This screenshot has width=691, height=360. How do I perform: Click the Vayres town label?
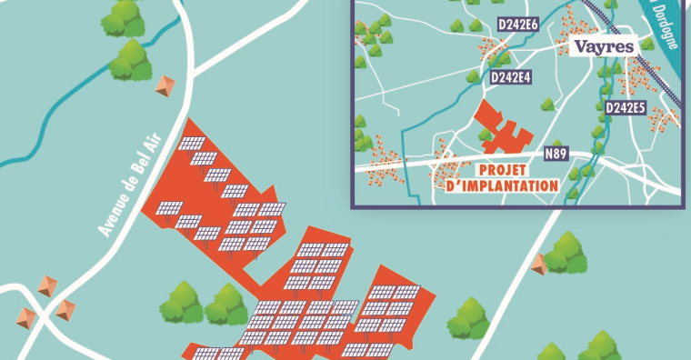coord(604,47)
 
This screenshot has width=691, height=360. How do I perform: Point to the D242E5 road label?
coord(625,108)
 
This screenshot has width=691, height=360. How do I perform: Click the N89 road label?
coord(556,154)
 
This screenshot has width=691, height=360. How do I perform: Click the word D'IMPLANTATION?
coord(504,186)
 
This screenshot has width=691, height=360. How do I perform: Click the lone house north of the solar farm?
coord(165,86)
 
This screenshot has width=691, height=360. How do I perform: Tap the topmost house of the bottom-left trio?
coord(46,287)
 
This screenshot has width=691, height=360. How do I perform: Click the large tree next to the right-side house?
coord(566,252)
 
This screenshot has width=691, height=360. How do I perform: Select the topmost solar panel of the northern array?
coord(192,144)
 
